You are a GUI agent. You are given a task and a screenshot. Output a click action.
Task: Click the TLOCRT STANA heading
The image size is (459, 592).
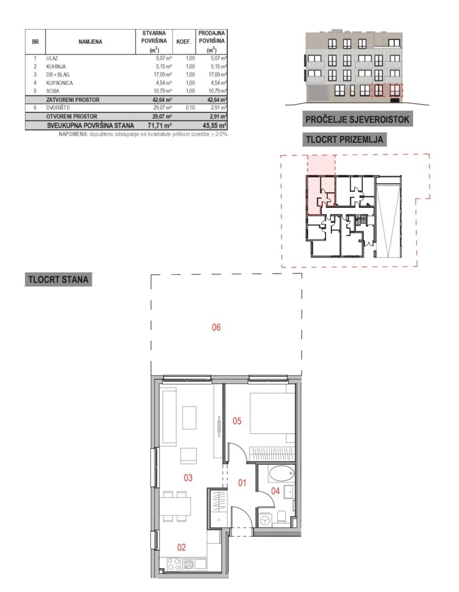(58, 280)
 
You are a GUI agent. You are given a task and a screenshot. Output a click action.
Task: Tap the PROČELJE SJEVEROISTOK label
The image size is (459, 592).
(357, 119)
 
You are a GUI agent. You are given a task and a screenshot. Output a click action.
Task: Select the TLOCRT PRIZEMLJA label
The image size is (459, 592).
(345, 139)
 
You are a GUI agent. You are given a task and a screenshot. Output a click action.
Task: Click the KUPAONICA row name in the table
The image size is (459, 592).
(60, 83)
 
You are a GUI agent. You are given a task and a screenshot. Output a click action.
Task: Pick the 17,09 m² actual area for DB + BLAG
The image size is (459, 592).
(163, 75)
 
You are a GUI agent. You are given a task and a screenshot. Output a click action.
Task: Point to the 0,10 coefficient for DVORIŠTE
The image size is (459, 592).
(190, 107)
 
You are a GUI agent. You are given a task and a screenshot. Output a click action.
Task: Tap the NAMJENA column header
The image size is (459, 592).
(90, 42)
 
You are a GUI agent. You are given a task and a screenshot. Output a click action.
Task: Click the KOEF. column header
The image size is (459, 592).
(184, 42)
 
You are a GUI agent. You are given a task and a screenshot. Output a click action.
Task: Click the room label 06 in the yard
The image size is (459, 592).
(216, 327)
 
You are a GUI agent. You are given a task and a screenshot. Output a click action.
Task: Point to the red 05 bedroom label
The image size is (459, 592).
(237, 421)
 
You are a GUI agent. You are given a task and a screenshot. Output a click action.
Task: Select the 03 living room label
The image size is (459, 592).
(188, 478)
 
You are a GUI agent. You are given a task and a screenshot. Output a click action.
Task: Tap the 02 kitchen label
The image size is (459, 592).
(181, 548)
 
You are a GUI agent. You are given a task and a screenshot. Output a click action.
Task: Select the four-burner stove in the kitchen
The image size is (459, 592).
(174, 565)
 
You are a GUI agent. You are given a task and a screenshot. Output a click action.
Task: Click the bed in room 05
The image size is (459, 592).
(272, 413)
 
